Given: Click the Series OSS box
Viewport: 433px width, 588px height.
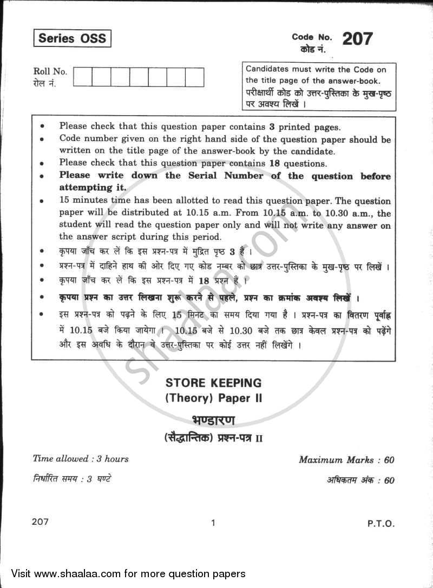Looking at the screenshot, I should pos(72,39).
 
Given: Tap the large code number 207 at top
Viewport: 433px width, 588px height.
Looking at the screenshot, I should pos(357,39).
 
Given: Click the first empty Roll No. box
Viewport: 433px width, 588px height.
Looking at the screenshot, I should pos(82,77).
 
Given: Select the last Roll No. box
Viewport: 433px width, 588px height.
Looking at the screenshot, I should pos(194,77).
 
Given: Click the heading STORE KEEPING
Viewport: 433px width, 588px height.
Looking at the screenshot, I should pos(213,383).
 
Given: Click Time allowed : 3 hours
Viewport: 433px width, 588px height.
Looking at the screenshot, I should pos(81,459).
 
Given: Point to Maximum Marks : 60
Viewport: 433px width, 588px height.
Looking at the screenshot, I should pos(346,460).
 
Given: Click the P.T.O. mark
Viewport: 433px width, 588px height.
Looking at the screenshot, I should pos(382,523).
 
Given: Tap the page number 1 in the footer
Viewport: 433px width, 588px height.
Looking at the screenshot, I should pos(214,523).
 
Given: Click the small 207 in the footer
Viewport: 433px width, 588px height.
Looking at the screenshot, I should pos(41,522).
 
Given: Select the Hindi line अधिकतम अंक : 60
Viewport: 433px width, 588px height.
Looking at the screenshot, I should pos(360,480).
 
